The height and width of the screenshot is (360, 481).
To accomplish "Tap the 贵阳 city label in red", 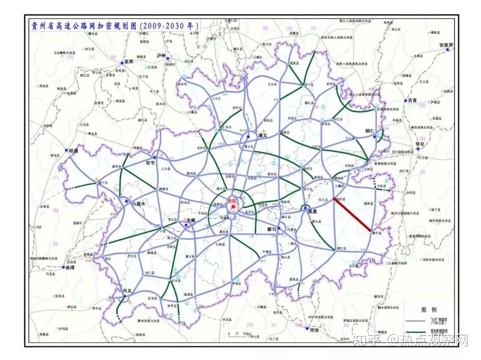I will coord(232,201).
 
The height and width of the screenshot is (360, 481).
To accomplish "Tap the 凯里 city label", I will coord(311,212).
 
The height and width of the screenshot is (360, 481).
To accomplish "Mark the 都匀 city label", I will coord(272,229).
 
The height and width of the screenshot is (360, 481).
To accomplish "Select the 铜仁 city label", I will coord(370,131).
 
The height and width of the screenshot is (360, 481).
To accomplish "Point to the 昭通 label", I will coord(73,151).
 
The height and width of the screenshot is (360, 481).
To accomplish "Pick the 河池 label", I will coord(314,330).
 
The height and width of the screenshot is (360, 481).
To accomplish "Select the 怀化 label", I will coord(420,145).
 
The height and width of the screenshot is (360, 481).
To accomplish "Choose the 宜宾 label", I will coord(129,61).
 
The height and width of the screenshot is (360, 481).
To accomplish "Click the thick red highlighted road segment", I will coord(352,215).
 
